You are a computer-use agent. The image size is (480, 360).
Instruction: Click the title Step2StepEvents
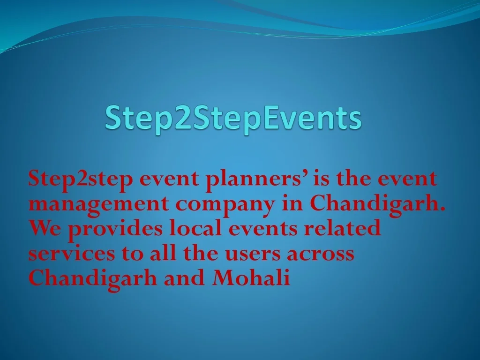pos(233,118)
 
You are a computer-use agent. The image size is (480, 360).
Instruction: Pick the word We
pos(45,228)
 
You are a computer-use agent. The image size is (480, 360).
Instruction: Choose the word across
pos(320,254)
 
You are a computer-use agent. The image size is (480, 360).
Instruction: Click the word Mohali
pos(251,277)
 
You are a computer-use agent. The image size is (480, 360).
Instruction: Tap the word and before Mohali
pos(184,277)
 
